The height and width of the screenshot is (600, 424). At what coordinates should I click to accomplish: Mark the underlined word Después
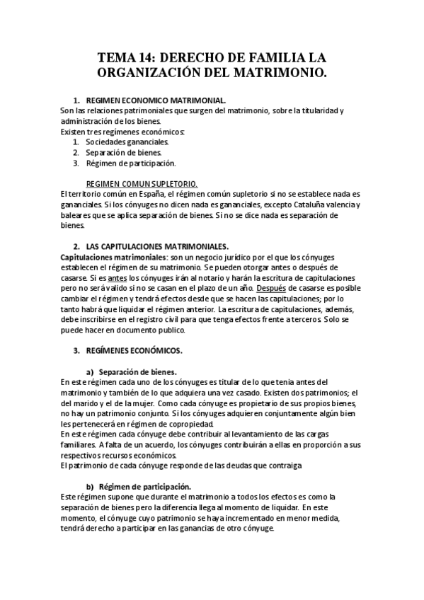point(273,289)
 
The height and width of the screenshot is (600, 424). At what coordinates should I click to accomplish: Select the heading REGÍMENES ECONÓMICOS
point(133,350)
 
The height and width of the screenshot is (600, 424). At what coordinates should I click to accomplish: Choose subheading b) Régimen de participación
point(144,487)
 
